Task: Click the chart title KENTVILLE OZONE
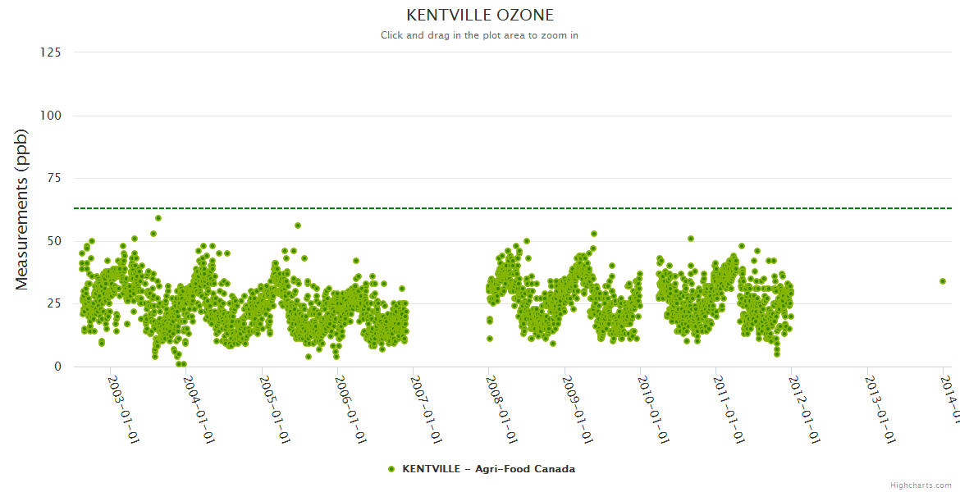[480, 16]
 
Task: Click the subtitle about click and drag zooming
[479, 35]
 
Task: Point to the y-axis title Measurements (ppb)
[22, 209]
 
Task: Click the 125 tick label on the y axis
[50, 52]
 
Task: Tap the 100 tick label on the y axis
[50, 116]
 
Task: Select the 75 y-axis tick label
[53, 178]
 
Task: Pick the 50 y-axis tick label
[53, 241]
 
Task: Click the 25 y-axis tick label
[53, 304]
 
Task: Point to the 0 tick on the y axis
[57, 367]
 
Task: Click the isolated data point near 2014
[943, 281]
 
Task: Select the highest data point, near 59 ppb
[158, 218]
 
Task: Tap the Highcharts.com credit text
[921, 485]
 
